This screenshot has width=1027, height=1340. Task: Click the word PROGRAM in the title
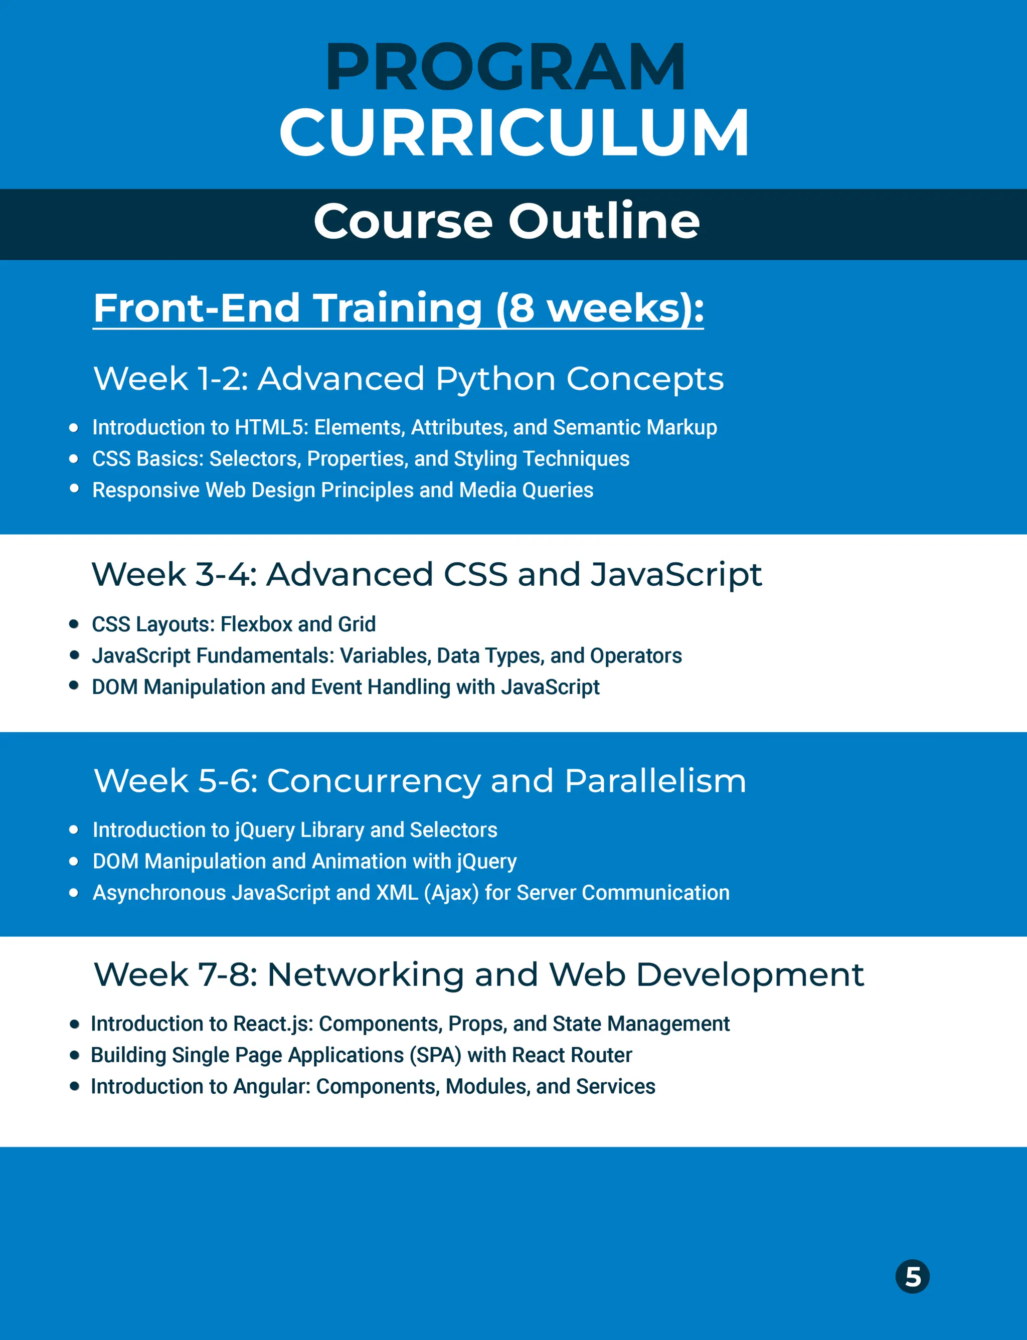point(505,67)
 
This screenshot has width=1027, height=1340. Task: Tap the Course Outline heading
point(506,221)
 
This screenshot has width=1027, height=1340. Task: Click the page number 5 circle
point(912,1276)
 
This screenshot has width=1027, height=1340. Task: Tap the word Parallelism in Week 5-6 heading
point(655,781)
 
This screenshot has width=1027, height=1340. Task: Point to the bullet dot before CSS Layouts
point(74,624)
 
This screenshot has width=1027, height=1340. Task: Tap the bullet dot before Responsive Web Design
point(74,488)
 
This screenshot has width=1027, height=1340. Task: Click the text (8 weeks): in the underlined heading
point(599,307)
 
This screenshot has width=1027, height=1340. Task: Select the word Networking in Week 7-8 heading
point(365,974)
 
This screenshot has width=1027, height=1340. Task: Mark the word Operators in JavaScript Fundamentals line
point(636,656)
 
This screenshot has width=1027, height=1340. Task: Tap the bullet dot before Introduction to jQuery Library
point(74,829)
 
